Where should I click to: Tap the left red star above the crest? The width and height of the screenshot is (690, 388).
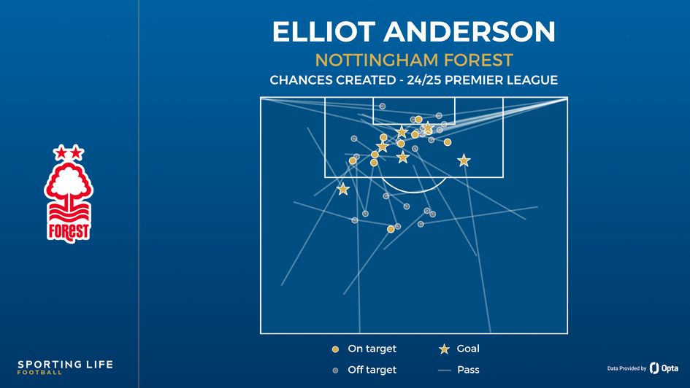(61, 153)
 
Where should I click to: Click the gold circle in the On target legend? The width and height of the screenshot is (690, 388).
(335, 349)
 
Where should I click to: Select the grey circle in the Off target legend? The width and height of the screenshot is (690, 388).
(335, 370)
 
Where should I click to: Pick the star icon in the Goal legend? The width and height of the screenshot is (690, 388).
(443, 349)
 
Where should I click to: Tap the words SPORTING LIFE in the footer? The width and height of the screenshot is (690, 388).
(66, 364)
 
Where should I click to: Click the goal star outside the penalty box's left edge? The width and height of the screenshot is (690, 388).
(342, 189)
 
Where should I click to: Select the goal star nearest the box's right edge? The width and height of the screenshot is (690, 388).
(464, 160)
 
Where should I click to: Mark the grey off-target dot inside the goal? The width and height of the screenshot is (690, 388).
(382, 106)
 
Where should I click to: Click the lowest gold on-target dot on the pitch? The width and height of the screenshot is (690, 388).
(391, 229)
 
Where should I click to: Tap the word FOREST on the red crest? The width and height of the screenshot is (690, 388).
(69, 231)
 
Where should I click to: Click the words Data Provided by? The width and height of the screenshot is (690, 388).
(626, 369)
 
